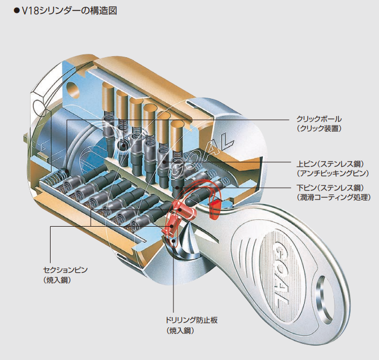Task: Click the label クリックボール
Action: (x=318, y=119)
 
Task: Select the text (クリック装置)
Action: (x=318, y=128)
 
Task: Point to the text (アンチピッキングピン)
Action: (x=333, y=173)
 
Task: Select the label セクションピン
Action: (x=66, y=270)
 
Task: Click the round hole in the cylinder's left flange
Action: (x=74, y=89)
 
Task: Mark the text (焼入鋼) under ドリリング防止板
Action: (x=179, y=331)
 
